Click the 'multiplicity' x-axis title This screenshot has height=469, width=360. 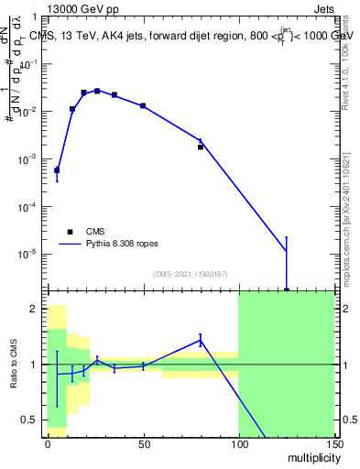[310, 455]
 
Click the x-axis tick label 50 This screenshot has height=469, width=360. [142, 442]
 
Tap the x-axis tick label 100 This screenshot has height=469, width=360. [238, 442]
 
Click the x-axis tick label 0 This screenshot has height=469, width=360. [47, 442]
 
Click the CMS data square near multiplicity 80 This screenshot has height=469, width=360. [201, 147]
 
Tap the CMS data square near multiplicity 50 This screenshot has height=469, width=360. [143, 106]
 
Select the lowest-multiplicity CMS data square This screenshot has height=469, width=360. [57, 170]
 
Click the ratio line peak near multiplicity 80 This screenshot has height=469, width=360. [201, 341]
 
